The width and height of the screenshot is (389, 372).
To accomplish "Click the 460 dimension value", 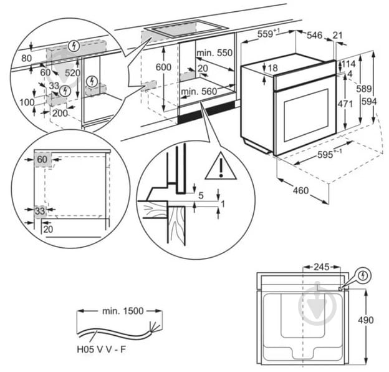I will point(300,190).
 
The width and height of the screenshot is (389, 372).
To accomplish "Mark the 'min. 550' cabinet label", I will point(214,54).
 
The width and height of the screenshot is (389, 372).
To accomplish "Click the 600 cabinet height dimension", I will point(163,67).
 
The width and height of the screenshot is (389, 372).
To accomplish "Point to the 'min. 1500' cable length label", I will point(119,310).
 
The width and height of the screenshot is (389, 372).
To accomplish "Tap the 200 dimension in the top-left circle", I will point(60,113).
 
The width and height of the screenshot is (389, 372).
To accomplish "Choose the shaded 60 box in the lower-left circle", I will point(42,159).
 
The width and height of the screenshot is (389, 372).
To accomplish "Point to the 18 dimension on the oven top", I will point(273,67).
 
